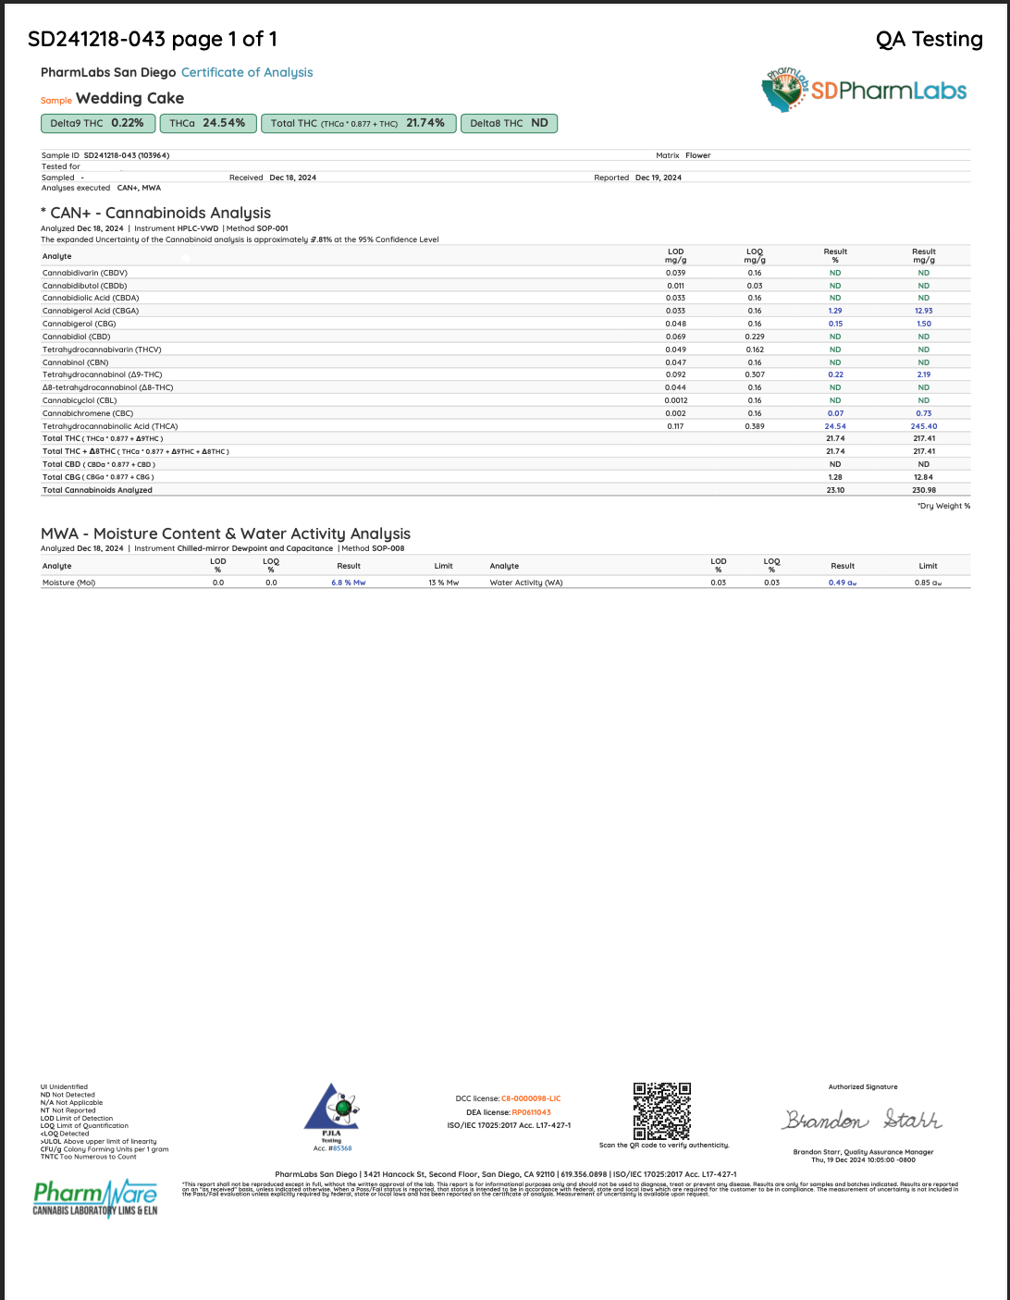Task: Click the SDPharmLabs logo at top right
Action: [864, 90]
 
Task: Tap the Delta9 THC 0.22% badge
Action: [97, 123]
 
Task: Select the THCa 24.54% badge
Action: [207, 123]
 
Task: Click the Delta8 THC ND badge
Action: [509, 123]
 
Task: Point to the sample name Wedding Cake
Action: [129, 98]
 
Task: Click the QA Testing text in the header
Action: [929, 39]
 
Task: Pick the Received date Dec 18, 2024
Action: [292, 178]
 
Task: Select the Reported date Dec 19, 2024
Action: [659, 178]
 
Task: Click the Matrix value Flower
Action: [697, 155]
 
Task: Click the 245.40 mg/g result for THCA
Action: [923, 426]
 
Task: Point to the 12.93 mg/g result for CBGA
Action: [923, 311]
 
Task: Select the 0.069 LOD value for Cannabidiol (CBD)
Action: [675, 337]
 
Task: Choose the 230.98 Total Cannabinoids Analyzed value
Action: [923, 490]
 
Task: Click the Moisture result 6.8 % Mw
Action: [349, 583]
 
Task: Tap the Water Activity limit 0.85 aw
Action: [928, 583]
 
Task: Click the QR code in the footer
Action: [661, 1111]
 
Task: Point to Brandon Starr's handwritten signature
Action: [862, 1120]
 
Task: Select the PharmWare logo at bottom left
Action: [95, 1198]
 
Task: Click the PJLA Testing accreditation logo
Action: [332, 1116]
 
